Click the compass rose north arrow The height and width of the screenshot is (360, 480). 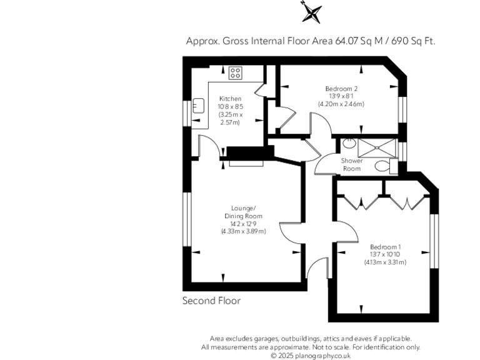(x=311, y=12)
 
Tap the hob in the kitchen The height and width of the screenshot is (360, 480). (x=236, y=73)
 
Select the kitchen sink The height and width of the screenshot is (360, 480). (x=199, y=106)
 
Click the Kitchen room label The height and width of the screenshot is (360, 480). (x=229, y=99)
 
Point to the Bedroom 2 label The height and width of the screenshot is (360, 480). (x=341, y=89)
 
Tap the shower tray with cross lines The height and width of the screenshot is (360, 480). (x=376, y=147)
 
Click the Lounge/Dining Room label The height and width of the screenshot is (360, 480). (x=242, y=212)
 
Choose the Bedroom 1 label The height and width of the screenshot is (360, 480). (x=384, y=247)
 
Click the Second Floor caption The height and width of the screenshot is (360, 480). (x=211, y=301)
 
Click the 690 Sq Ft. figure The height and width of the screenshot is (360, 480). (x=413, y=41)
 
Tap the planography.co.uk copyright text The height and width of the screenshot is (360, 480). (x=311, y=355)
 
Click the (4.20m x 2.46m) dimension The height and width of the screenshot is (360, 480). (x=341, y=104)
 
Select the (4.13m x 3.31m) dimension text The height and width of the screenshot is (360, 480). (x=385, y=262)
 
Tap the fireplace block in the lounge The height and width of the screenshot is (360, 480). (x=246, y=154)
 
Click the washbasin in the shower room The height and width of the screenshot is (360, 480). (x=349, y=144)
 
